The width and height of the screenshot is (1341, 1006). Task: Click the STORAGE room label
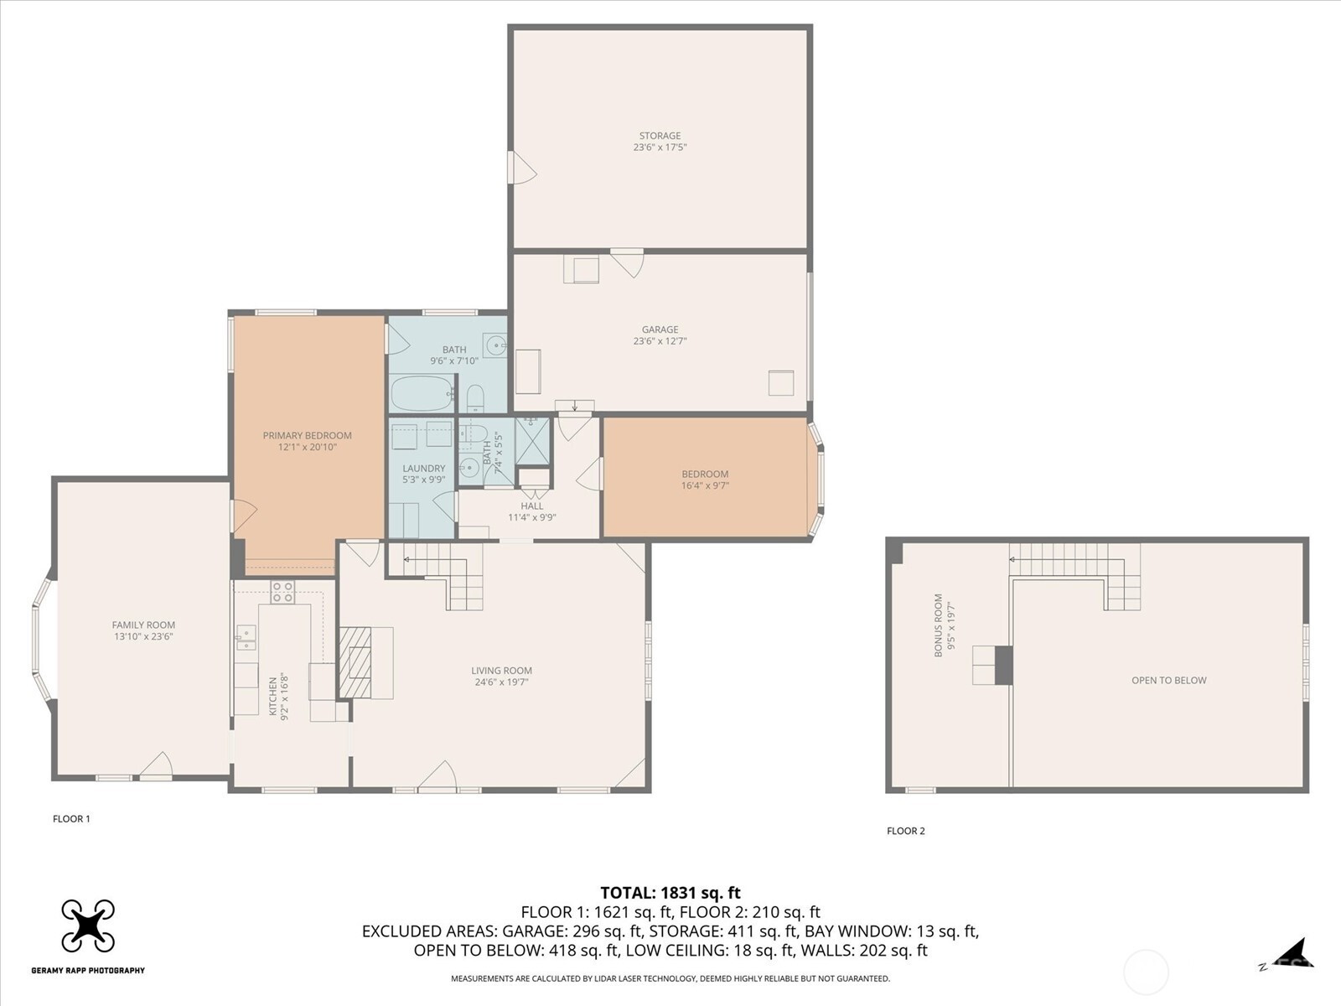pyautogui.click(x=660, y=136)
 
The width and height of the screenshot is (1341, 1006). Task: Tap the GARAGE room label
pyautogui.click(x=660, y=329)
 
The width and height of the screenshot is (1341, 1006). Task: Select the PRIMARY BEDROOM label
pyautogui.click(x=308, y=435)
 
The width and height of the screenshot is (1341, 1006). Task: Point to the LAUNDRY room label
pyautogui.click(x=424, y=469)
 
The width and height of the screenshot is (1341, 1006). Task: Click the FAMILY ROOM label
pyautogui.click(x=143, y=625)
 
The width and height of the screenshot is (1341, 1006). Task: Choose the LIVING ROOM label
pyautogui.click(x=501, y=671)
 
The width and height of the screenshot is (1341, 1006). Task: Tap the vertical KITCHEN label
pyautogui.click(x=274, y=696)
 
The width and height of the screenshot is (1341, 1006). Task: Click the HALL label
pyautogui.click(x=532, y=506)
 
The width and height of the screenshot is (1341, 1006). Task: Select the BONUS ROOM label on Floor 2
pyautogui.click(x=939, y=625)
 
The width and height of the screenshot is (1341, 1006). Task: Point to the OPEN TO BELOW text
pyautogui.click(x=1168, y=681)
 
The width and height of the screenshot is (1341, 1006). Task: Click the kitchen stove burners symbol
pyautogui.click(x=282, y=592)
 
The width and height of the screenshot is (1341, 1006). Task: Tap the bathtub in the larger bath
pyautogui.click(x=422, y=393)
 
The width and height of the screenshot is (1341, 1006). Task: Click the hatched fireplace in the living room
pyautogui.click(x=355, y=663)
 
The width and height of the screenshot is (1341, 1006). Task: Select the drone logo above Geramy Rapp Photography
pyautogui.click(x=88, y=926)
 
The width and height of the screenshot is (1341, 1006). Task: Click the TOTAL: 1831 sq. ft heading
pyautogui.click(x=670, y=893)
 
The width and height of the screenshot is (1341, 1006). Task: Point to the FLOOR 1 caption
pyautogui.click(x=71, y=818)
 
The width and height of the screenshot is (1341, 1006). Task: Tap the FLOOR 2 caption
pyautogui.click(x=906, y=831)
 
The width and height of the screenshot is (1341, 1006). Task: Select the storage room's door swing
pyautogui.click(x=523, y=168)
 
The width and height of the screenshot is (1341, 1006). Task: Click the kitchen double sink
pyautogui.click(x=246, y=637)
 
